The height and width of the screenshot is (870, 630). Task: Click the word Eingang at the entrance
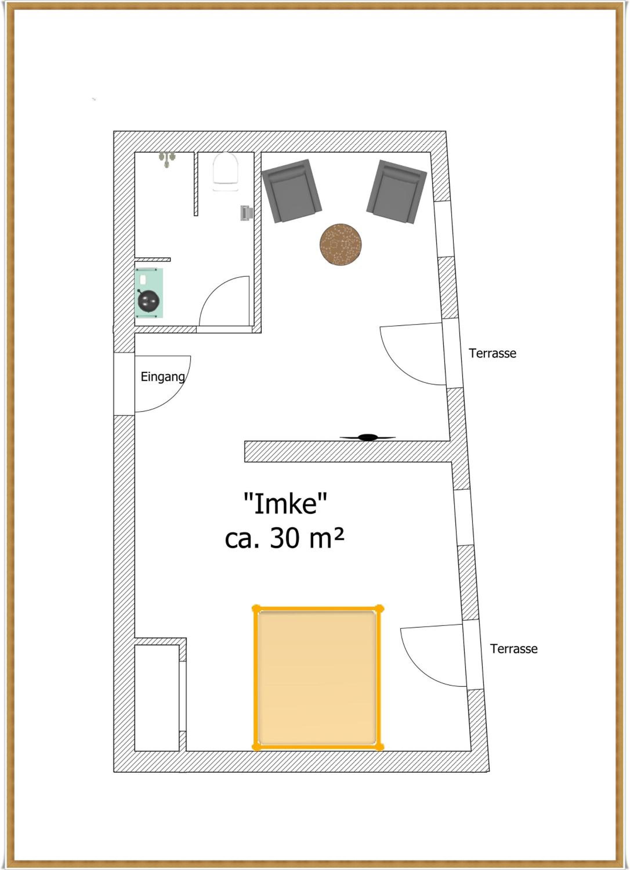163,377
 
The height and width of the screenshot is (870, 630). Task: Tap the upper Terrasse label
492,353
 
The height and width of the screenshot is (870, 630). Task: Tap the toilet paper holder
246,213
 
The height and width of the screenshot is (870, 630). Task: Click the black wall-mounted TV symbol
367,437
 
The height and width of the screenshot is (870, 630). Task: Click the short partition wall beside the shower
196,184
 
